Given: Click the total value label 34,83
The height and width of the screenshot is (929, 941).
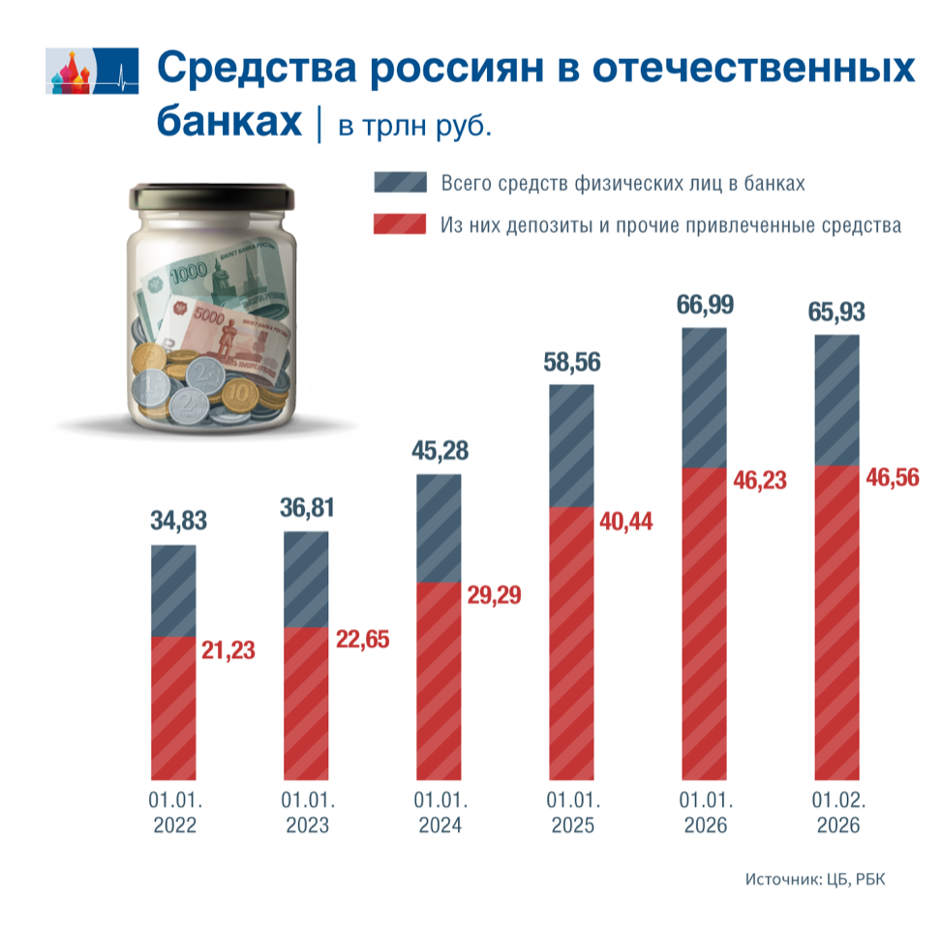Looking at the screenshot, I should [179, 521].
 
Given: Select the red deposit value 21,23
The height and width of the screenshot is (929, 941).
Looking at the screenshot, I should [228, 650].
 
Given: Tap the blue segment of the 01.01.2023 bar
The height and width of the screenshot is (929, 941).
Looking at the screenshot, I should [305, 580].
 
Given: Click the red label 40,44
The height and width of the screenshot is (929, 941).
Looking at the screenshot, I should [625, 522].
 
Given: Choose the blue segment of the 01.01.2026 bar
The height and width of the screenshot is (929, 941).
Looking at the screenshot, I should [704, 398].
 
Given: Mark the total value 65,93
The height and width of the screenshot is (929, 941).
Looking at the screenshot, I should [836, 313].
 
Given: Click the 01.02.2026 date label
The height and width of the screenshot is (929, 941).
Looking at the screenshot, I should [836, 814].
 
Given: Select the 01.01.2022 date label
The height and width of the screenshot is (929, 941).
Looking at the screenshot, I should [173, 814].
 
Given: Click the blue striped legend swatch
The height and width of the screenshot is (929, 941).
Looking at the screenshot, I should [399, 183].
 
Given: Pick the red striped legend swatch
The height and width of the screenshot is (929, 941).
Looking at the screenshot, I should [399, 225].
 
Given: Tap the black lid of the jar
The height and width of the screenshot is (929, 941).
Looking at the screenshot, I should [212, 195].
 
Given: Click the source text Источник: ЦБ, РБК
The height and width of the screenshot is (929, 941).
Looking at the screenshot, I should [815, 879].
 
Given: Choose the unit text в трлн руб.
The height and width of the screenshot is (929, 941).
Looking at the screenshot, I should [415, 126].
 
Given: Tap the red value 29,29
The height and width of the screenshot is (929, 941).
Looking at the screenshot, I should [493, 594].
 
